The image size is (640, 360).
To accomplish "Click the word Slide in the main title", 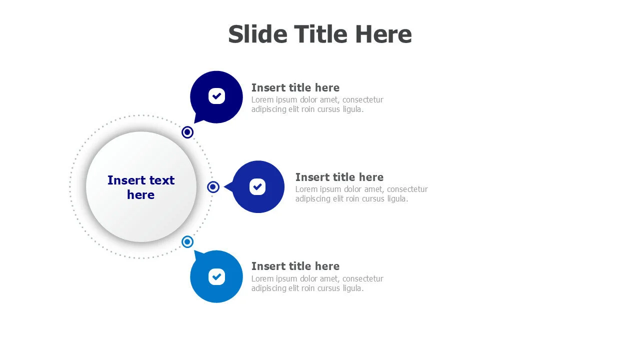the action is click(257, 34).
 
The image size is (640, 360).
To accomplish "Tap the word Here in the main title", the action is click(383, 34).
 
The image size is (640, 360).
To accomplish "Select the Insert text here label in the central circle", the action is click(141, 187).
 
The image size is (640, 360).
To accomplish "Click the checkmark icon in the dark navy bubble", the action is click(216, 96).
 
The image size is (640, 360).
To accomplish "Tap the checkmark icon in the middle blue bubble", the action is click(257, 187).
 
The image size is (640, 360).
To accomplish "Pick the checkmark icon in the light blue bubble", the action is click(216, 276).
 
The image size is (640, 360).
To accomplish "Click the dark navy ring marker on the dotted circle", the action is click(187, 132).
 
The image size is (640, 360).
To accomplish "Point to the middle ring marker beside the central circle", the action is click(213, 187).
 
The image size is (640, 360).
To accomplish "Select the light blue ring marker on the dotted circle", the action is click(187, 242).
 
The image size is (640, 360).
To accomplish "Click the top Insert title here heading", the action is click(295, 87).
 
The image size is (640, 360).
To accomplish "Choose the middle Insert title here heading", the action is click(339, 177).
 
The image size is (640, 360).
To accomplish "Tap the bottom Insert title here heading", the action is click(295, 266).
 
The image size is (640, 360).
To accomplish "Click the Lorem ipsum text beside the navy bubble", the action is click(317, 104).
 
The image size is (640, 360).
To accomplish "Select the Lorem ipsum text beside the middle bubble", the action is click(361, 194).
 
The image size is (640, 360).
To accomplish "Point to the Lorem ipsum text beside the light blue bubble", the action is click(317, 283).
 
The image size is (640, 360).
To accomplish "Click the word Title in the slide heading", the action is click(321, 34).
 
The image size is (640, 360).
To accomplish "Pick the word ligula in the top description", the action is click(353, 109).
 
